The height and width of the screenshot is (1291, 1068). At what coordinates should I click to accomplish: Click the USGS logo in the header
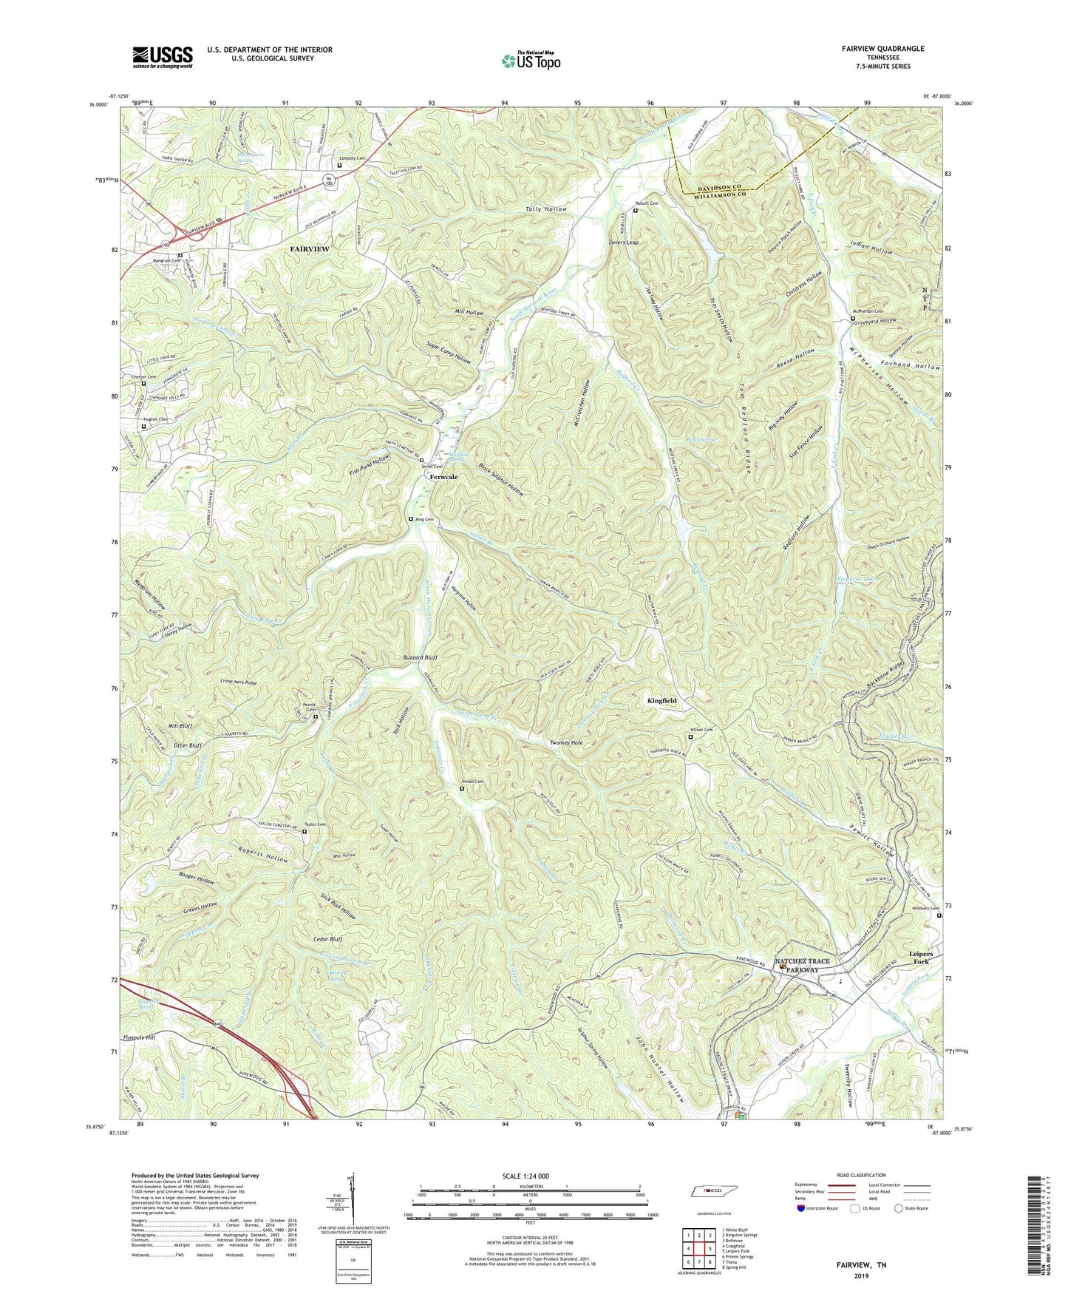coord(163,56)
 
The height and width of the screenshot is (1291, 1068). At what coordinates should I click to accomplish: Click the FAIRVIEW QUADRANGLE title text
coord(882,49)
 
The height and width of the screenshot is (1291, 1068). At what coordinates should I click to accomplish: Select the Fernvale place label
coord(444,477)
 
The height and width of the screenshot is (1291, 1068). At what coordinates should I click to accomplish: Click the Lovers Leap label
coord(623,242)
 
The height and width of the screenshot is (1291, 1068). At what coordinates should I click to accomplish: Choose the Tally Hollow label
coord(546,209)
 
